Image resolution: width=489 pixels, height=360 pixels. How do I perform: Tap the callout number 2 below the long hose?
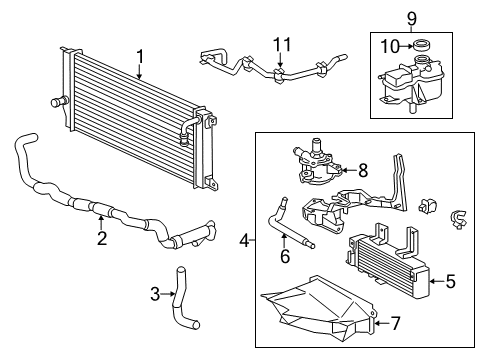(x=101, y=238)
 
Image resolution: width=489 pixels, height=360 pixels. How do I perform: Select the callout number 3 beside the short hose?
(x=154, y=293)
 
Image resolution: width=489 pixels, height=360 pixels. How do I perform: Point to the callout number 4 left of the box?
(x=245, y=240)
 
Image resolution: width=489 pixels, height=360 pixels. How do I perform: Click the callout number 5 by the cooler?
(x=449, y=281)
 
